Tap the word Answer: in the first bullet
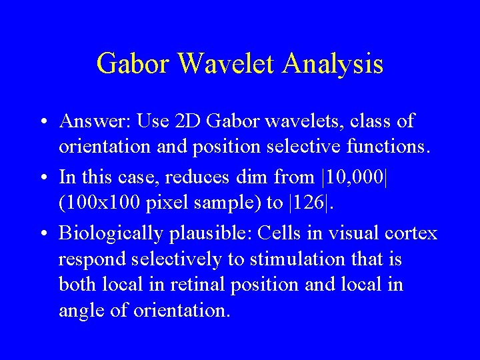tap(95, 121)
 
